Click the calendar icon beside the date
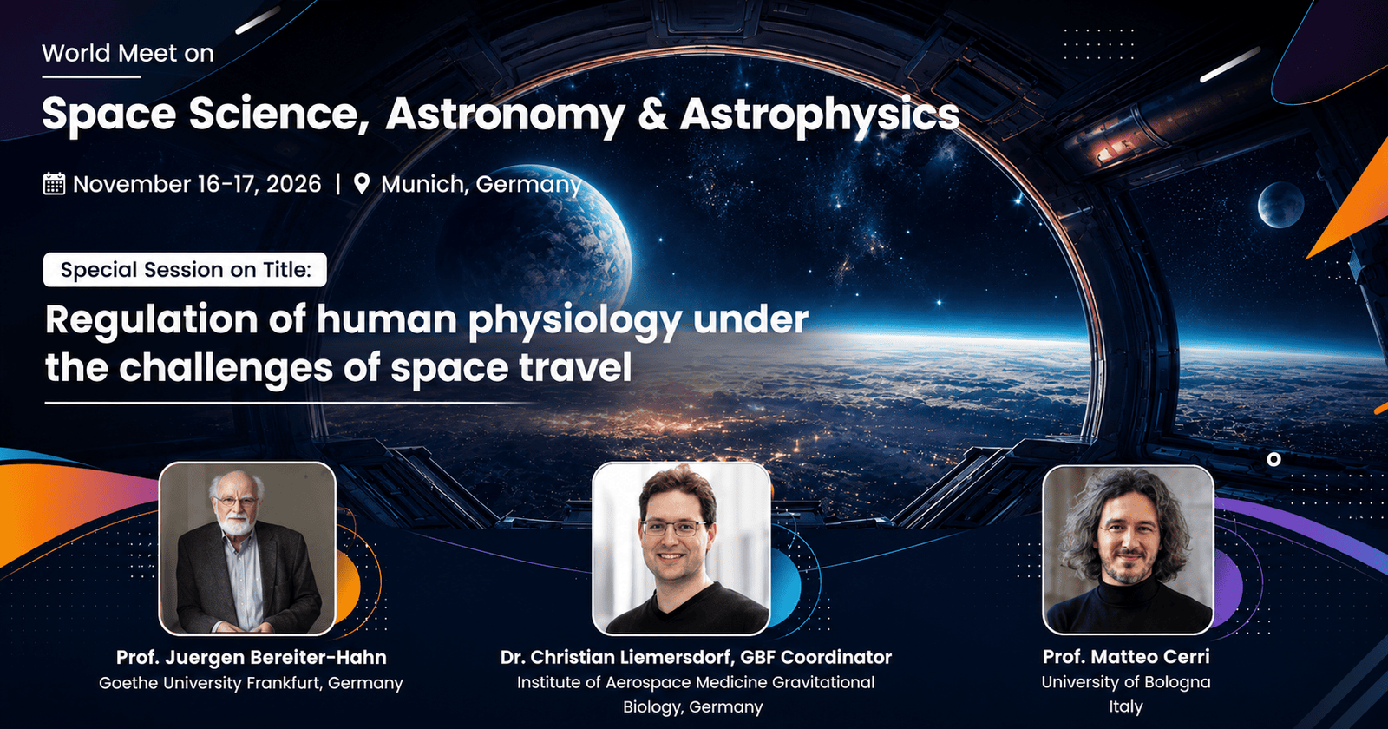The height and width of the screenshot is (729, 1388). click(54, 183)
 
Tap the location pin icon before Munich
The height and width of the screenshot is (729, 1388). click(361, 183)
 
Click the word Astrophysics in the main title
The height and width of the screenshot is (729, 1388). click(819, 116)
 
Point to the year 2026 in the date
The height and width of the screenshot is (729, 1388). click(293, 184)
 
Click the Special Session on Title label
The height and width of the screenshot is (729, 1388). click(186, 270)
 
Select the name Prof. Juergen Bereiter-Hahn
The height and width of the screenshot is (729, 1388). click(252, 657)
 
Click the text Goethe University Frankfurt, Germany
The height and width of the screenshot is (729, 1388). click(251, 683)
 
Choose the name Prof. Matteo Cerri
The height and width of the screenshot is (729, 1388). click(1126, 656)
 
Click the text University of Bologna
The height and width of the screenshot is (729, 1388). click(1126, 682)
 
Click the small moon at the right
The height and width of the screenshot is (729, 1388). click(1280, 205)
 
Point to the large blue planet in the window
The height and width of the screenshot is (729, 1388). click(546, 242)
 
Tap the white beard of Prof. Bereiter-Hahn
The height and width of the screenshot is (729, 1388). click(238, 524)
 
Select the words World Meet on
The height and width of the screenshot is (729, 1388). click(128, 53)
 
